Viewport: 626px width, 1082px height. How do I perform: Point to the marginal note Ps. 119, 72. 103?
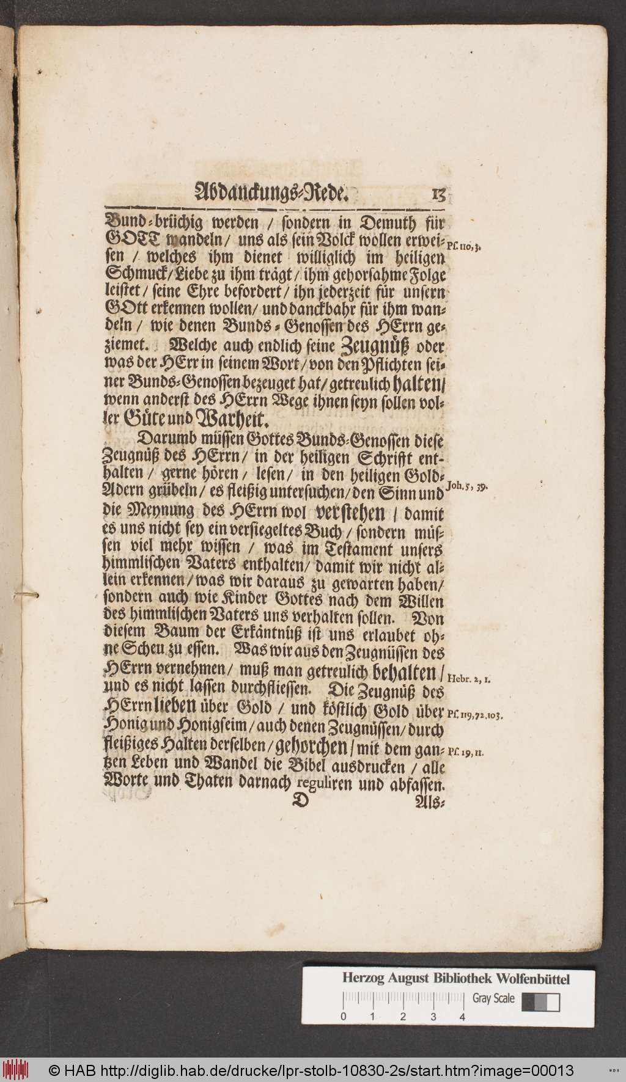tap(475, 713)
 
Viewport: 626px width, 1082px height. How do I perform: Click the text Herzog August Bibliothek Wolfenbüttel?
tap(455, 979)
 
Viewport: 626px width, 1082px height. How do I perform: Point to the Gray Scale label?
tap(493, 999)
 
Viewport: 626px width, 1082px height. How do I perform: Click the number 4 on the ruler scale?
tap(462, 1017)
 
